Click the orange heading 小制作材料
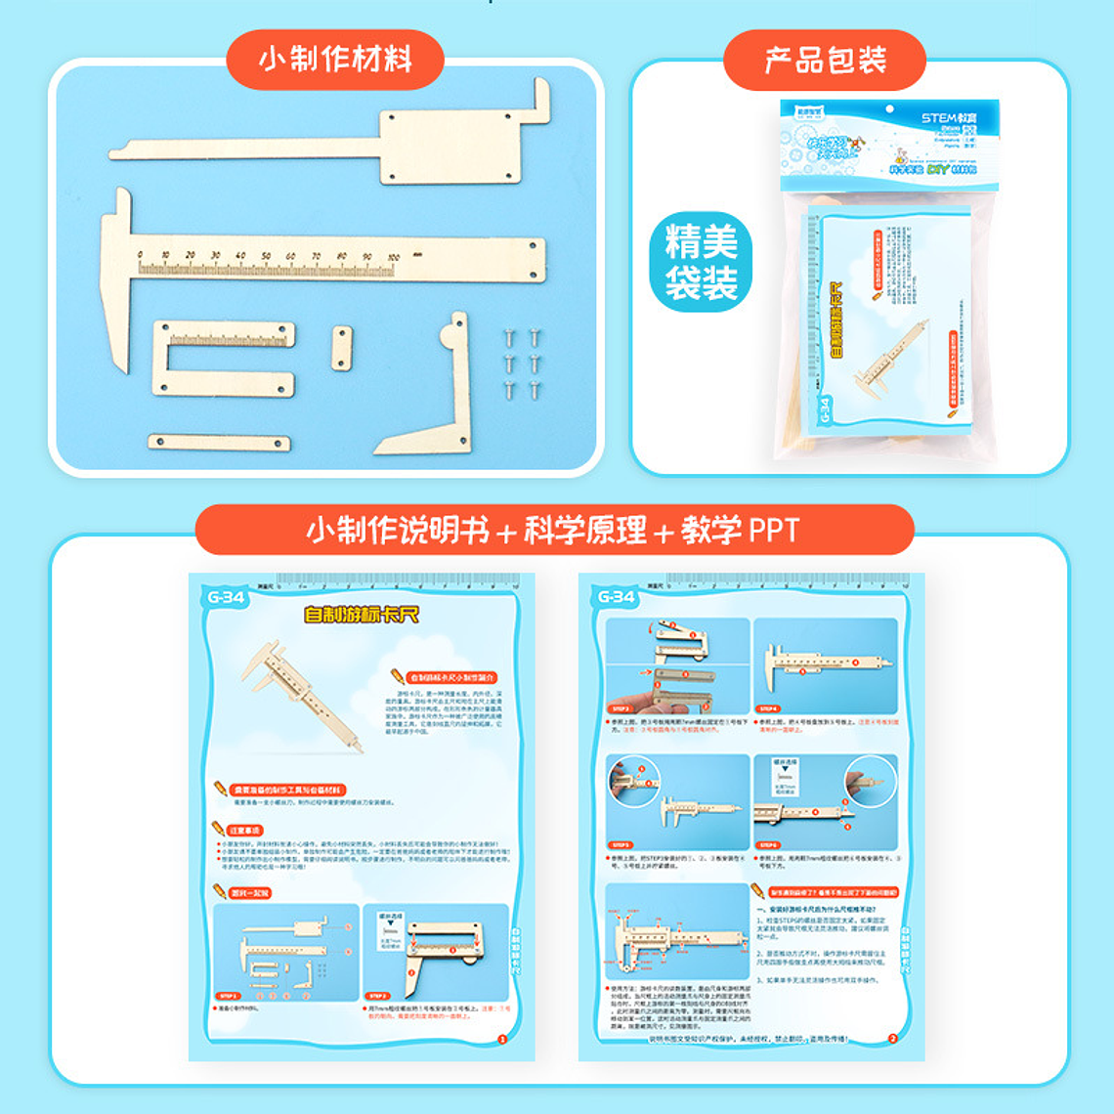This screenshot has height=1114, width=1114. coord(335,60)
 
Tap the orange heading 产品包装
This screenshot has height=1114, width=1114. coord(825,60)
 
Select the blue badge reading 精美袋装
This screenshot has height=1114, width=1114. coord(701,262)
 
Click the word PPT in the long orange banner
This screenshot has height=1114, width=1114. coord(773,531)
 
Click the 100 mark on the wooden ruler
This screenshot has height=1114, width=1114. coord(392,257)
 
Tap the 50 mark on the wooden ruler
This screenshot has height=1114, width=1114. coord(266,256)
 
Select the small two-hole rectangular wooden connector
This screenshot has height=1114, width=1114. coord(341,349)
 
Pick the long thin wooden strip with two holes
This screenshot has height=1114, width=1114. coord(219,443)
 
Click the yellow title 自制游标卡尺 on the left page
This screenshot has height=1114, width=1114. coord(361,614)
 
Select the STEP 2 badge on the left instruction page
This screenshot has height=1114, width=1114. coord(377,996)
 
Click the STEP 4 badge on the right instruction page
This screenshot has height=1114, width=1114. coord(768,708)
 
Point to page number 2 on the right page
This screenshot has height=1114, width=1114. coord(891,1039)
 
